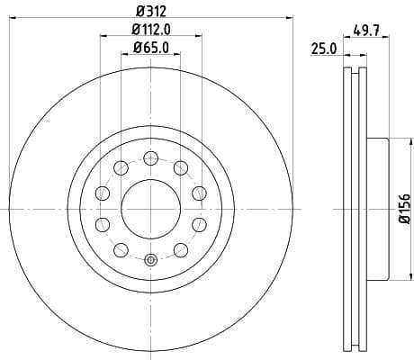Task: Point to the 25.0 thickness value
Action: (x=322, y=49)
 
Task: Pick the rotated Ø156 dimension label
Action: (x=404, y=209)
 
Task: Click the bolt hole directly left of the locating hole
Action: (x=120, y=249)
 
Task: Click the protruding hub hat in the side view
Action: (x=375, y=209)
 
